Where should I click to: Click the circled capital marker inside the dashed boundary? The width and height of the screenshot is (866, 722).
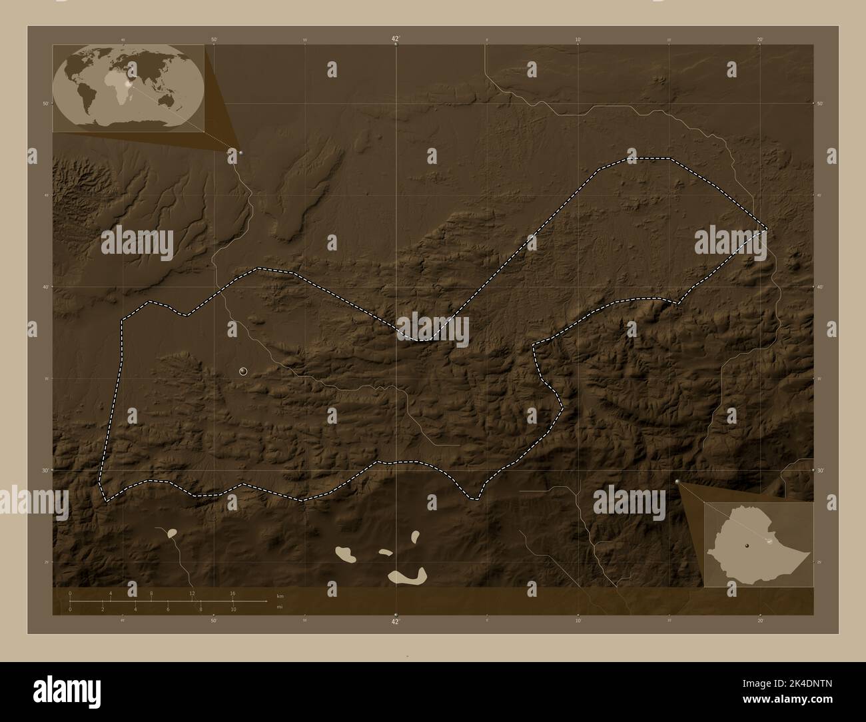tap(243, 371)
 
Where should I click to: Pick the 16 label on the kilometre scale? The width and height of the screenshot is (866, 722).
tap(232, 593)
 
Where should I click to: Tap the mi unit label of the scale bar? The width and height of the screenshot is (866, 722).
tap(280, 607)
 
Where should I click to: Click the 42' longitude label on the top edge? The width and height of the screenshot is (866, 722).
tap(396, 39)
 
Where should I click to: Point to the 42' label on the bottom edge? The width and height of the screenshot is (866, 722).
tap(396, 621)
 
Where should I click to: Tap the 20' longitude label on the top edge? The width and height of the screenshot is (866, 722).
tap(760, 39)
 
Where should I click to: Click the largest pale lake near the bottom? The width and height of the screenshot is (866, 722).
tap(408, 577)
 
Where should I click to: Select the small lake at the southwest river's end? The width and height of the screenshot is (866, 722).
tap(172, 533)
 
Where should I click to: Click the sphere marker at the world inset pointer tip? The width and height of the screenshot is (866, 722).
tap(240, 153)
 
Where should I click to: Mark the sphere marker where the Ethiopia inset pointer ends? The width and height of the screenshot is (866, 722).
tap(677, 481)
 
